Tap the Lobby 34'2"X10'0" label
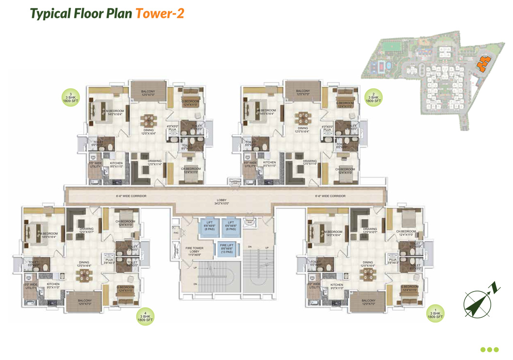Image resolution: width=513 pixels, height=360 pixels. (x=222, y=202)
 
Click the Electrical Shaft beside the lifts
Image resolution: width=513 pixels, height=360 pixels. (x=249, y=222)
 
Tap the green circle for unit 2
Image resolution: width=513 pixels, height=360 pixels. (x=374, y=98)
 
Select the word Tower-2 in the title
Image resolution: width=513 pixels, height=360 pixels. (x=160, y=13)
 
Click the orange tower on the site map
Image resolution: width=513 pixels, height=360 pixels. (x=483, y=64)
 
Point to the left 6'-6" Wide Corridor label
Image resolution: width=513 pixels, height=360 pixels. (x=131, y=196)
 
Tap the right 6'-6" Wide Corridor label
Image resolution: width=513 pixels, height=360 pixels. (x=330, y=196)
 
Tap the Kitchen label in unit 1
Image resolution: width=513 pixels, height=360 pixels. (x=337, y=286)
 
